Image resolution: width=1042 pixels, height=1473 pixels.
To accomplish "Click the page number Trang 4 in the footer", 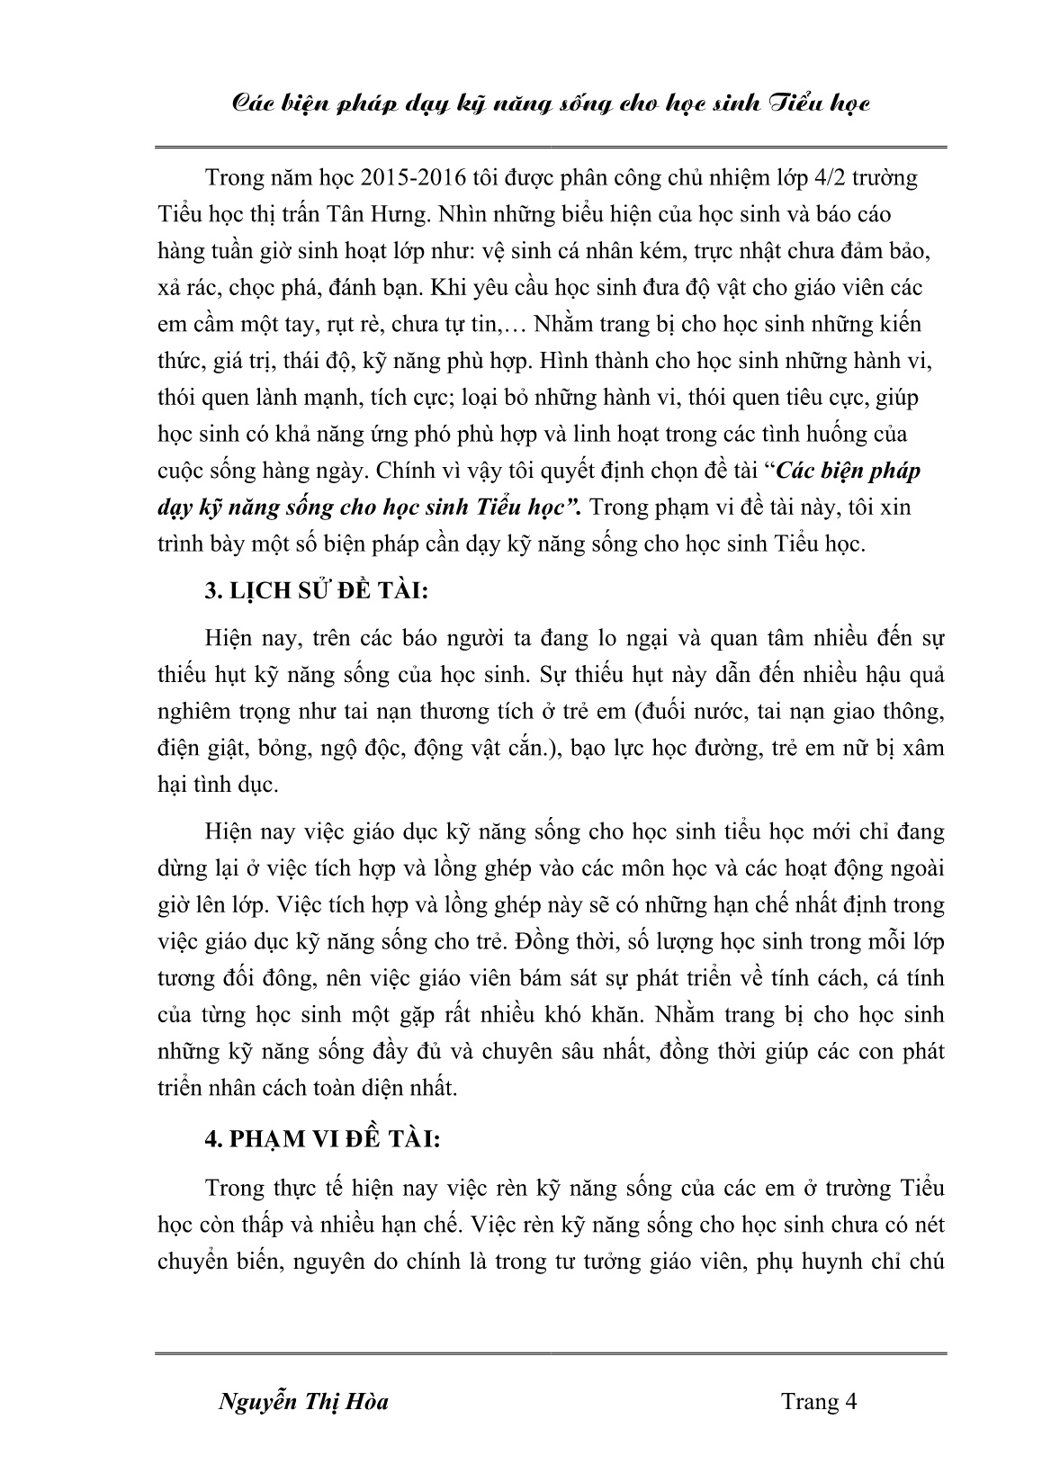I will click(818, 1401).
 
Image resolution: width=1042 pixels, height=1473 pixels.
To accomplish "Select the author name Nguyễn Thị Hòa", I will click(304, 1402).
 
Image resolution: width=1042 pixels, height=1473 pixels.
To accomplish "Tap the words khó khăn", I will click(592, 1014).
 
